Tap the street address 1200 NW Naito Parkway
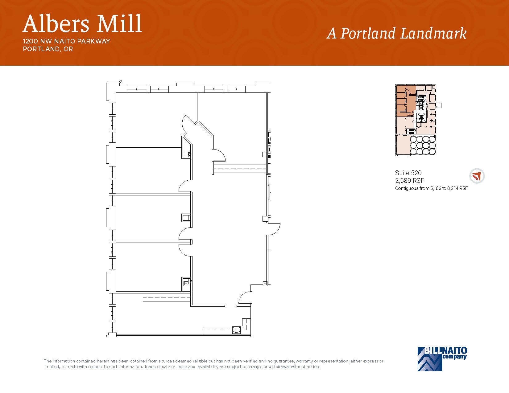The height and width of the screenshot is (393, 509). point(66,41)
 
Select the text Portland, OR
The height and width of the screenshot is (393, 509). point(48,49)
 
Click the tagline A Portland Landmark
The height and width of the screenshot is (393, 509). point(396,33)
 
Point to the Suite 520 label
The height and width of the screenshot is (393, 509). point(408,173)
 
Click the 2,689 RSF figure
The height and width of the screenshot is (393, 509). point(410,181)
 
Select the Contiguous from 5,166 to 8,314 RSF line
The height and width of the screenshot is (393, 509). point(431,188)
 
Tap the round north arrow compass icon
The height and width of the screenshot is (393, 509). point(477,176)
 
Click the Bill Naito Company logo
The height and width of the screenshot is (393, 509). point(442,358)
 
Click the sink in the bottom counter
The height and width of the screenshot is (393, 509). point(236,330)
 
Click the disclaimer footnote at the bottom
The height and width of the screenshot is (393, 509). point(213,364)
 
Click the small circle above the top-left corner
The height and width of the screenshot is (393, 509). point(121,81)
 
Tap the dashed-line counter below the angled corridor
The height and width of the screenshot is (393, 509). point(239,169)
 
